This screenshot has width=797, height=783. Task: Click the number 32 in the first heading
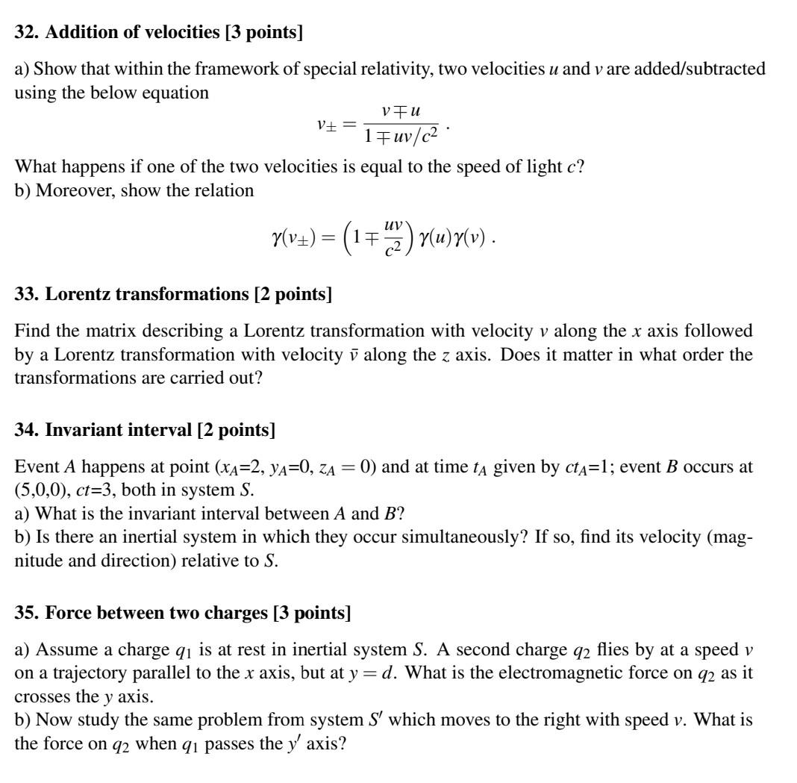(x=25, y=32)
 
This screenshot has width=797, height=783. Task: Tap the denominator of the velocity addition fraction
(x=401, y=137)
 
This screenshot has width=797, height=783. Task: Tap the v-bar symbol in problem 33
(x=349, y=355)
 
